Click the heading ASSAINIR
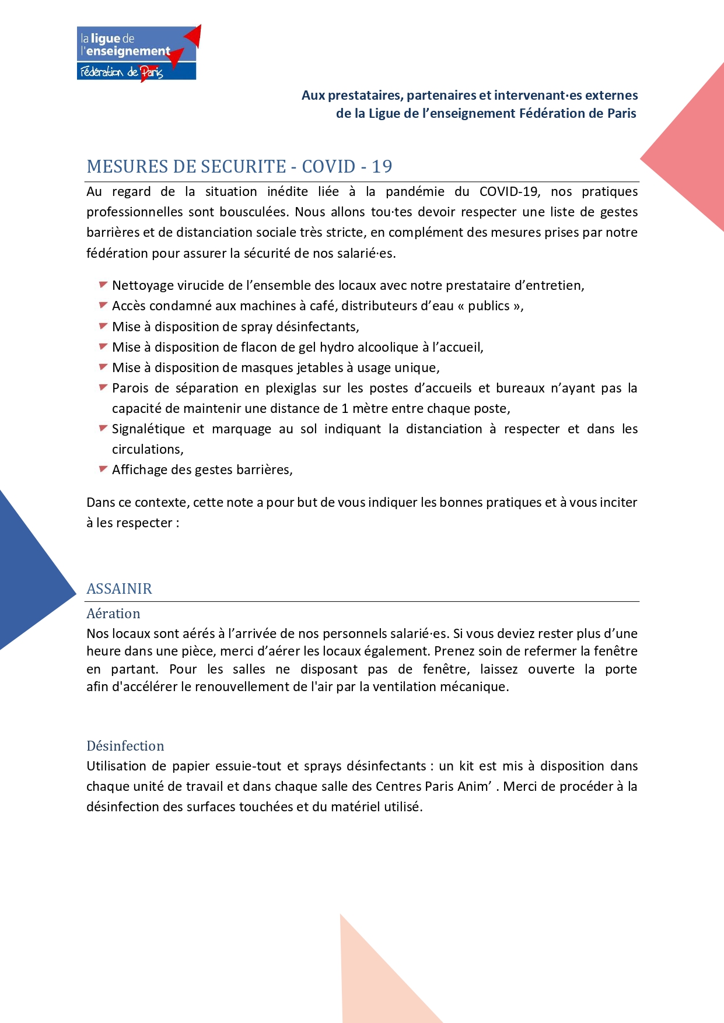coord(119,588)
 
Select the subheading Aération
coord(113,614)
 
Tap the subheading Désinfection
coord(125,746)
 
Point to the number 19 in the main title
coord(382,167)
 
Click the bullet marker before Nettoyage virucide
coord(103,285)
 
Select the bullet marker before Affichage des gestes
coord(103,469)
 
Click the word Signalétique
coord(148,429)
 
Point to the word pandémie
coord(415,192)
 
